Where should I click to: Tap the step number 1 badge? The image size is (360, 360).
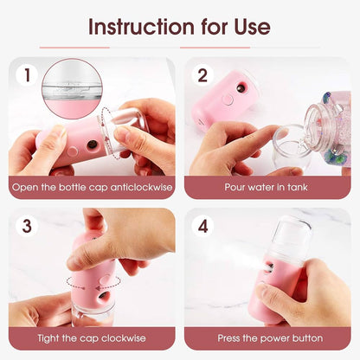point(27,76)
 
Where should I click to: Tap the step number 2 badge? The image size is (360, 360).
point(202,76)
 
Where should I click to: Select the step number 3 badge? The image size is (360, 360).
point(27,227)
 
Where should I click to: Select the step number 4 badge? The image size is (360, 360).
point(202,227)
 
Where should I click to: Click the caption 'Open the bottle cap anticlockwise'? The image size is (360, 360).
point(92,186)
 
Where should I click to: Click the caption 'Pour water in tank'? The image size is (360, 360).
point(267,186)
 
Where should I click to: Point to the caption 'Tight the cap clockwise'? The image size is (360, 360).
point(92,337)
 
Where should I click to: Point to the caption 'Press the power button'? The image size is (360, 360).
point(267,337)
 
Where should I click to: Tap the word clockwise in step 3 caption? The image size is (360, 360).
point(122,337)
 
